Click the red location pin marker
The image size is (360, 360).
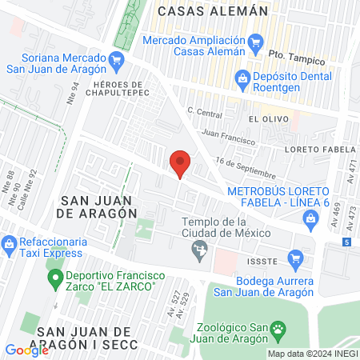pos(181,164)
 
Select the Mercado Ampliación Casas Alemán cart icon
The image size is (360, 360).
pos(255,42)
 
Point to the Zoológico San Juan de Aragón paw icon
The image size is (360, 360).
pos(278,329)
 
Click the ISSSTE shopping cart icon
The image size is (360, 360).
pos(295,258)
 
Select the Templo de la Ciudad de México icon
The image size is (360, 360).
pos(199,254)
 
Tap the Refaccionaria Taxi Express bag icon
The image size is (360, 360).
pos(9,242)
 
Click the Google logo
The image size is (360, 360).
pos(26,350)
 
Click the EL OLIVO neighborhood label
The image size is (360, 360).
pos(264,118)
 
